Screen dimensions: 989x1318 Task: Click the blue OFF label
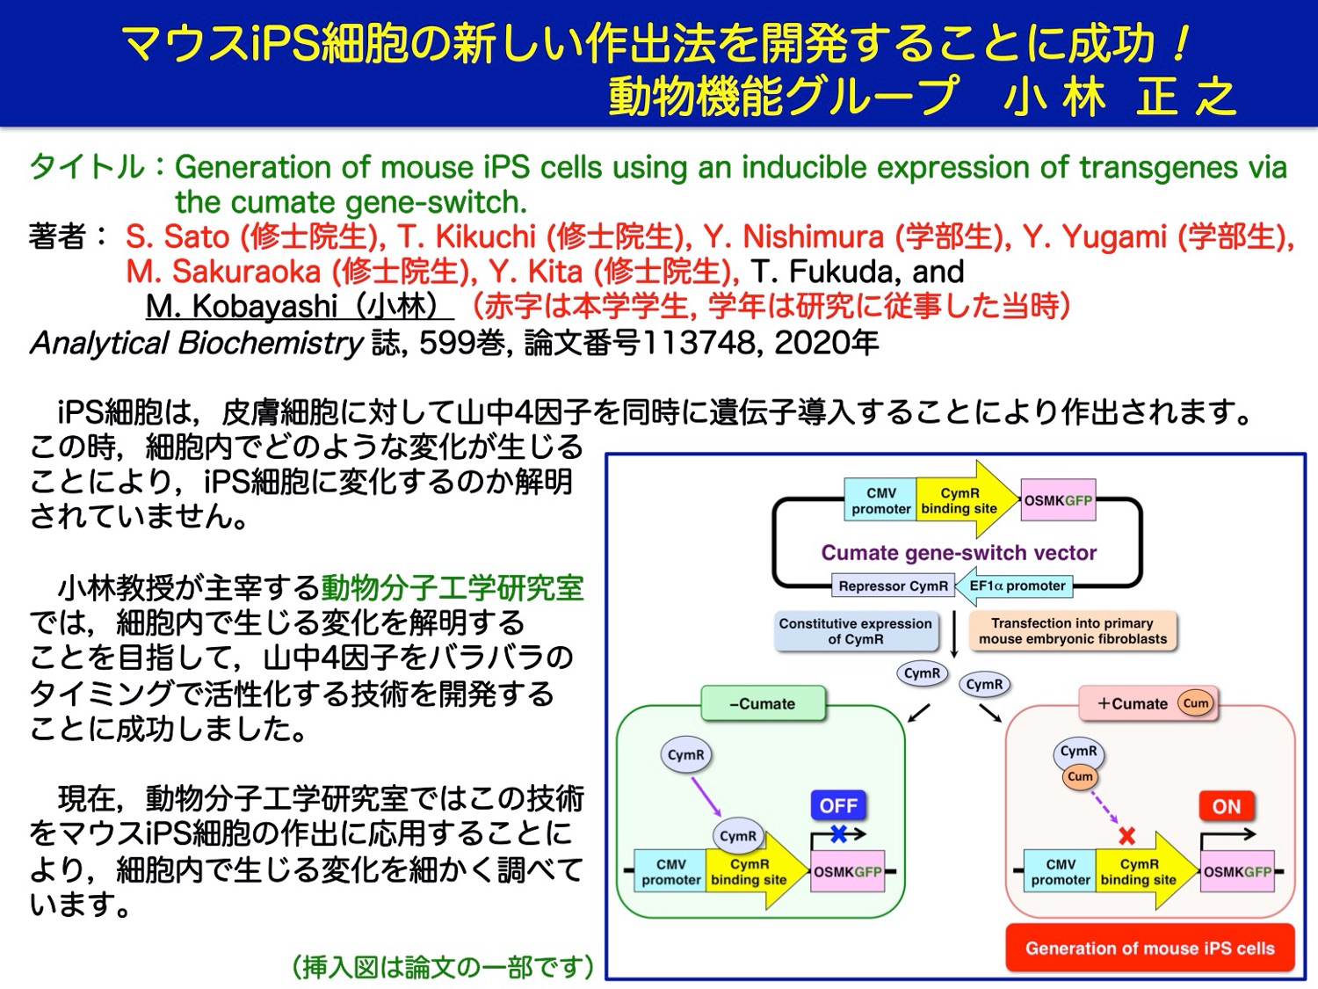(837, 805)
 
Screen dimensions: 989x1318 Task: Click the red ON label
(1226, 806)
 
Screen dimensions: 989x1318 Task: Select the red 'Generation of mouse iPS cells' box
(1149, 949)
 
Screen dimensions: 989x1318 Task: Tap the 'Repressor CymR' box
(893, 585)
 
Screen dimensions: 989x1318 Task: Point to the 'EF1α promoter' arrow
(1015, 585)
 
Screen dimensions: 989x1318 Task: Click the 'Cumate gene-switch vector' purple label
(959, 553)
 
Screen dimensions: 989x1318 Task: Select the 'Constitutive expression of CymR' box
(855, 631)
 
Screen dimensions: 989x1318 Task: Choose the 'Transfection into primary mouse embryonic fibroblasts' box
(1073, 631)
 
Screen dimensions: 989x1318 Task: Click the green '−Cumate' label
(763, 703)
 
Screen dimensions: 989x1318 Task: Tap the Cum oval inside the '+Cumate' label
(1196, 703)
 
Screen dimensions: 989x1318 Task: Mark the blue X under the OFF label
(838, 834)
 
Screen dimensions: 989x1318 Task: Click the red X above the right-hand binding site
(1126, 835)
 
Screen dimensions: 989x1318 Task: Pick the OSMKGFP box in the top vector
(1058, 501)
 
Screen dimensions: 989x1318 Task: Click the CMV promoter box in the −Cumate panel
(670, 871)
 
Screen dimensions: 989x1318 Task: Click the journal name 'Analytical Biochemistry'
(196, 343)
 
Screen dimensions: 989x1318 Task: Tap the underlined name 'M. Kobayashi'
(242, 307)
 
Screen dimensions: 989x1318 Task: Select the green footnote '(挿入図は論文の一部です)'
(443, 967)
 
